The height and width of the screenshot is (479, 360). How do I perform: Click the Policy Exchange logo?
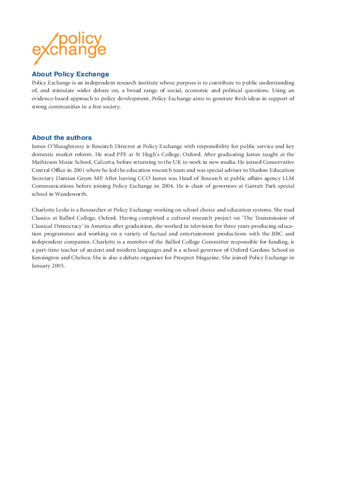[x=69, y=47]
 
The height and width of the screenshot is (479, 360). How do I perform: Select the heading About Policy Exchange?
[x=70, y=74]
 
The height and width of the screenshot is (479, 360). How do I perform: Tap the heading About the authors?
[x=62, y=138]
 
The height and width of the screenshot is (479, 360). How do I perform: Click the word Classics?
[x=43, y=218]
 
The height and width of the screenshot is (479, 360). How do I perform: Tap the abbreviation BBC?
[x=276, y=233]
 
